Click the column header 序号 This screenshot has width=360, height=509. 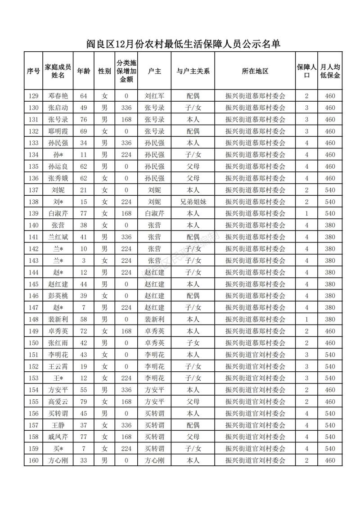pyautogui.click(x=33, y=71)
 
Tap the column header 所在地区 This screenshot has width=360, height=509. pyautogui.click(x=255, y=71)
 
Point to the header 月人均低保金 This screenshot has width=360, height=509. pyautogui.click(x=330, y=71)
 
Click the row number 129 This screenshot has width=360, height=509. pyautogui.click(x=33, y=96)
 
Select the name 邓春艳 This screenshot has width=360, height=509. pyautogui.click(x=58, y=96)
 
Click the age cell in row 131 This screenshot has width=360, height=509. pyautogui.click(x=83, y=120)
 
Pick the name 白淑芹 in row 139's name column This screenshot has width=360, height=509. pyautogui.click(x=58, y=213)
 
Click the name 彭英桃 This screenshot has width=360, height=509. pyautogui.click(x=58, y=296)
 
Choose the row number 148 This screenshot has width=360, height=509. pyautogui.click(x=33, y=320)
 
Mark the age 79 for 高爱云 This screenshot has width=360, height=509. pyautogui.click(x=83, y=401)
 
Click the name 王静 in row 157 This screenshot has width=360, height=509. pyautogui.click(x=58, y=425)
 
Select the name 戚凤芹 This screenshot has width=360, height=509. pyautogui.click(x=58, y=437)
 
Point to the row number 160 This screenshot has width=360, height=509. pyautogui.click(x=33, y=460)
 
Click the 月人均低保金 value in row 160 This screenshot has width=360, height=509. pyautogui.click(x=330, y=460)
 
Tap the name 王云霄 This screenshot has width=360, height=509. pyautogui.click(x=58, y=366)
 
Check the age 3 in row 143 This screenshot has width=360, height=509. pyautogui.click(x=83, y=261)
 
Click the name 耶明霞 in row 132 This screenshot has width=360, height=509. pyautogui.click(x=58, y=131)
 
